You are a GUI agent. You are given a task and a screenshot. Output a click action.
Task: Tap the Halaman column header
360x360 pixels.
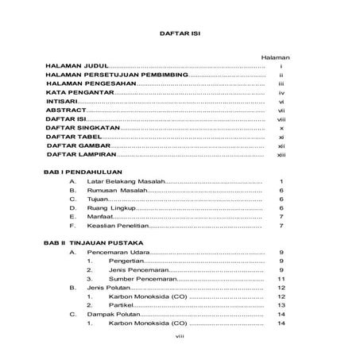point(274,58)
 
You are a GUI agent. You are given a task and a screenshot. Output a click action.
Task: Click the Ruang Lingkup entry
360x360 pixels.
point(110,209)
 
